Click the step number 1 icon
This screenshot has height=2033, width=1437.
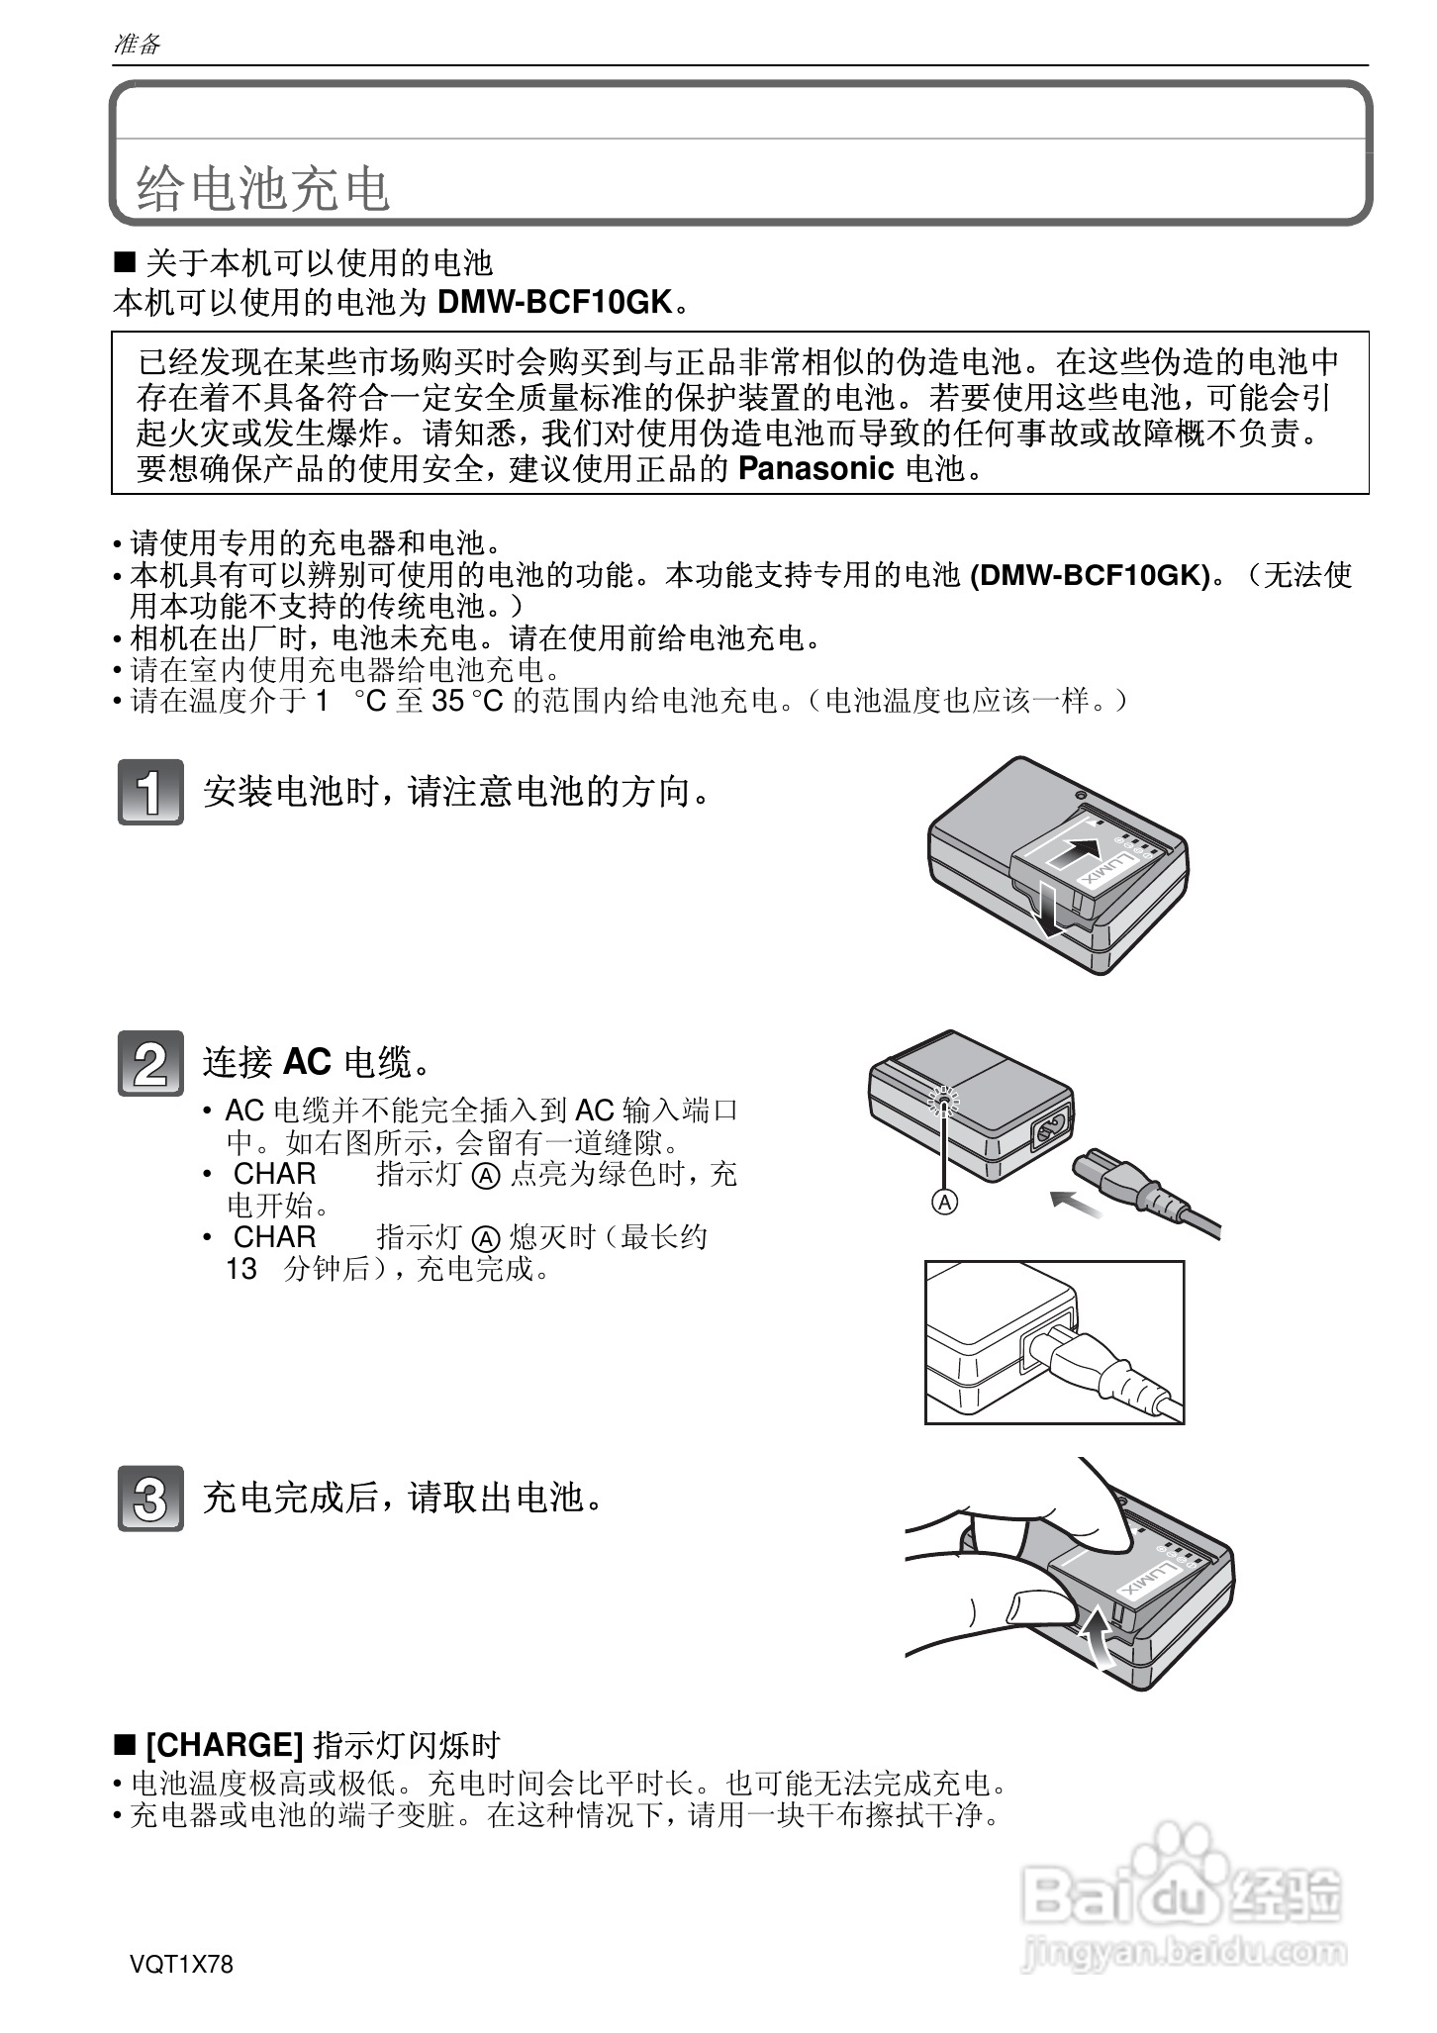point(150,792)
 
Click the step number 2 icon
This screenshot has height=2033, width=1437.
point(150,1063)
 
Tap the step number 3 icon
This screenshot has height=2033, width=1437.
point(150,1498)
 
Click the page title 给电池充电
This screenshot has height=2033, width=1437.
point(263,189)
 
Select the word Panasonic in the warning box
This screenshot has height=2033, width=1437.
point(816,468)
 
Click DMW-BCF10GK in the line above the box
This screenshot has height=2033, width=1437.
point(554,302)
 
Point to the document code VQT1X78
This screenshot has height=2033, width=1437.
point(181,1965)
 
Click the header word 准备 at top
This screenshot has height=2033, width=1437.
point(137,44)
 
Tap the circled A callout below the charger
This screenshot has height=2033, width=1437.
point(945,1202)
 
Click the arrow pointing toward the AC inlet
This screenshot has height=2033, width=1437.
point(1074,1202)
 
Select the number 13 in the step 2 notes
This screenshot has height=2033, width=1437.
point(240,1269)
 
